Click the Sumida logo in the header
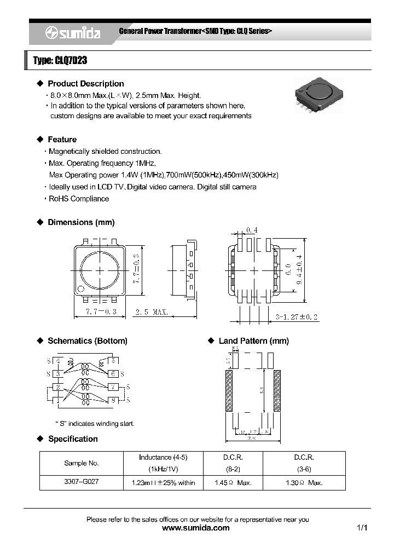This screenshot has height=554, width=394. click(73, 33)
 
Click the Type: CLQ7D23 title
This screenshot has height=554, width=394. click(60, 61)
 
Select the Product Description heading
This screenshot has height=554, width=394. click(85, 84)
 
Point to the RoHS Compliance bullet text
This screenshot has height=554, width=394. click(79, 199)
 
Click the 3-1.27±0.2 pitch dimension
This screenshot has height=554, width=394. click(297, 317)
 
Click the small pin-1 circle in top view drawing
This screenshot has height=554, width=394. click(81, 289)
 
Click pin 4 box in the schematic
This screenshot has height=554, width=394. click(58, 360)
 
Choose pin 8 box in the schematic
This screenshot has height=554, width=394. click(113, 400)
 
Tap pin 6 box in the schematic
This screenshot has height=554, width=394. click(113, 374)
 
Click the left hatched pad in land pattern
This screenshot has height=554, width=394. click(229, 391)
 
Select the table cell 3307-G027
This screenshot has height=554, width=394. click(82, 482)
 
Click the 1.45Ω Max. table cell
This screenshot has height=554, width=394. click(233, 482)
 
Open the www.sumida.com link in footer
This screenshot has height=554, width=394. click(196, 528)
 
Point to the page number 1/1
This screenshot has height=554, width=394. click(361, 528)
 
